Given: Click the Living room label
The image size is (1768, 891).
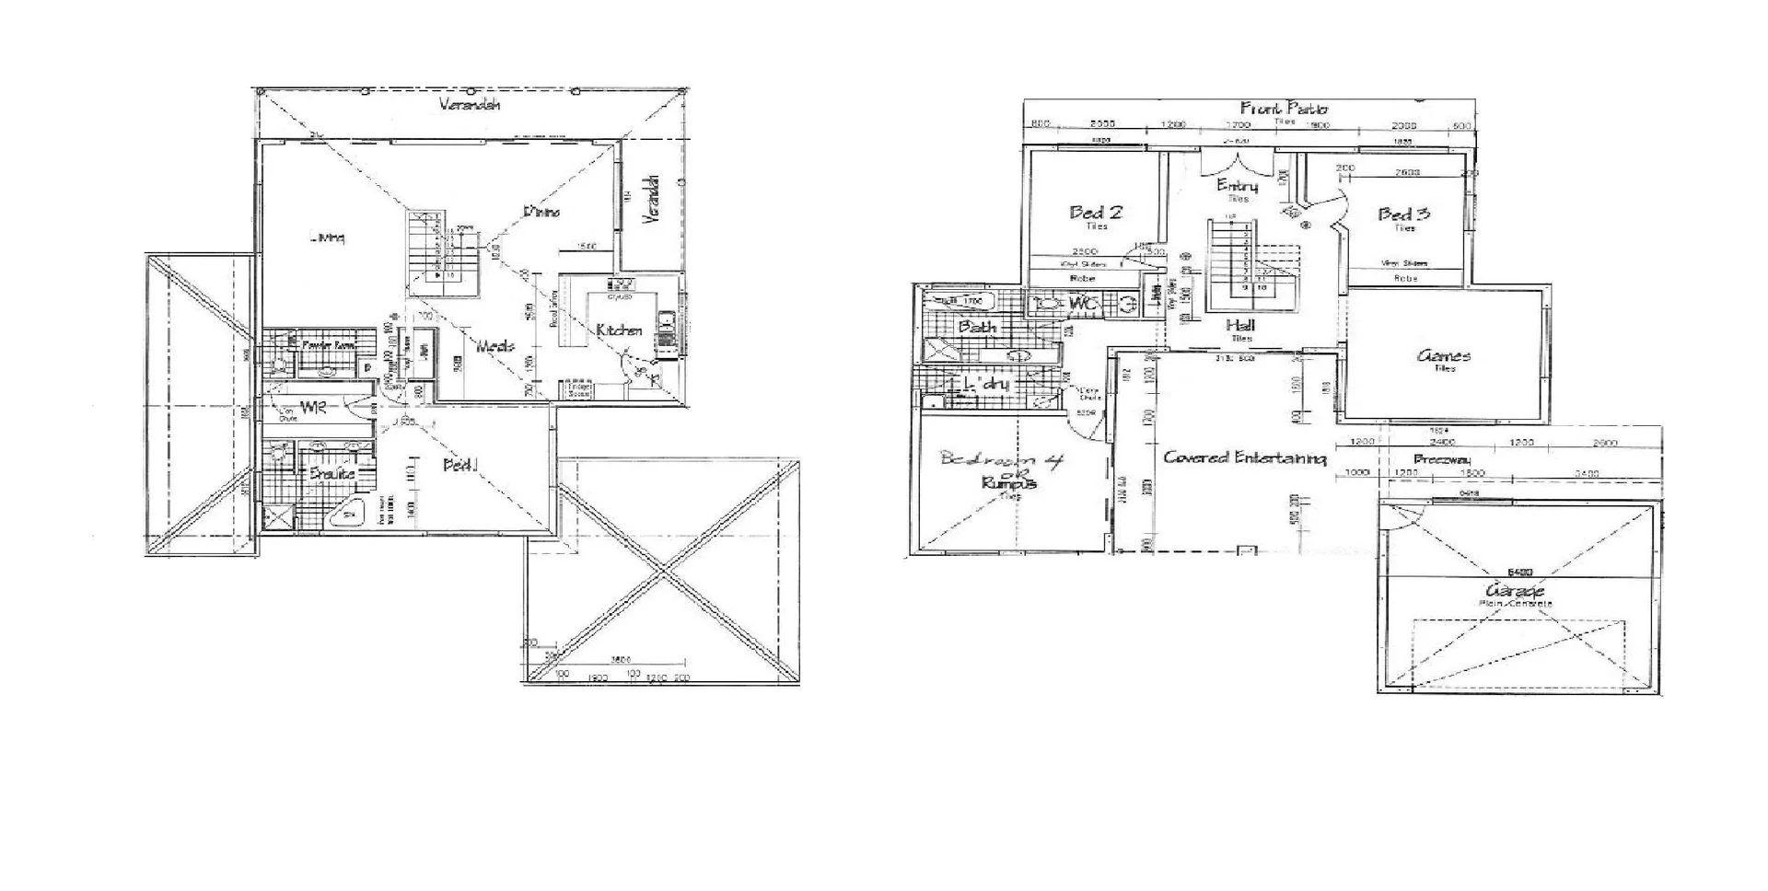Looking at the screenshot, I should click(327, 237).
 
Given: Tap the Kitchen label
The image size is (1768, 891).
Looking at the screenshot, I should click(619, 330).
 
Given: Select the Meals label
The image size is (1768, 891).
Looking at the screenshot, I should click(495, 346).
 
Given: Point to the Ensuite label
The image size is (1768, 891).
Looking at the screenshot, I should click(331, 473).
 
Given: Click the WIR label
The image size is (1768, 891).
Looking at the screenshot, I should click(313, 408).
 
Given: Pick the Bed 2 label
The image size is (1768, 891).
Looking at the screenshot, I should click(1095, 212).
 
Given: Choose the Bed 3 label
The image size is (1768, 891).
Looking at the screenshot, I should click(1403, 214).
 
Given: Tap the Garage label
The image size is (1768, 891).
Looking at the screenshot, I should click(1514, 590).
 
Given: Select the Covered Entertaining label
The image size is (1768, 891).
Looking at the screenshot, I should click(1244, 457).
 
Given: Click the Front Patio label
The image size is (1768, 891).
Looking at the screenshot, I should click(1284, 108).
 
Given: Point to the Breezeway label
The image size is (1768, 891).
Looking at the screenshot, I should click(1441, 459).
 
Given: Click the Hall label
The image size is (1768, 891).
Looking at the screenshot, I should click(1240, 325).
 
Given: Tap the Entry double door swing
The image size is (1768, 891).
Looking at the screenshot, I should click(1237, 164).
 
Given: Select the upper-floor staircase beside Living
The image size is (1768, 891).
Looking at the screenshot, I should click(443, 253).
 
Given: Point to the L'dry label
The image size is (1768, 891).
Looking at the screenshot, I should click(985, 384).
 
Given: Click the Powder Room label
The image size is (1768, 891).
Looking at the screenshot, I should click(328, 344).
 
